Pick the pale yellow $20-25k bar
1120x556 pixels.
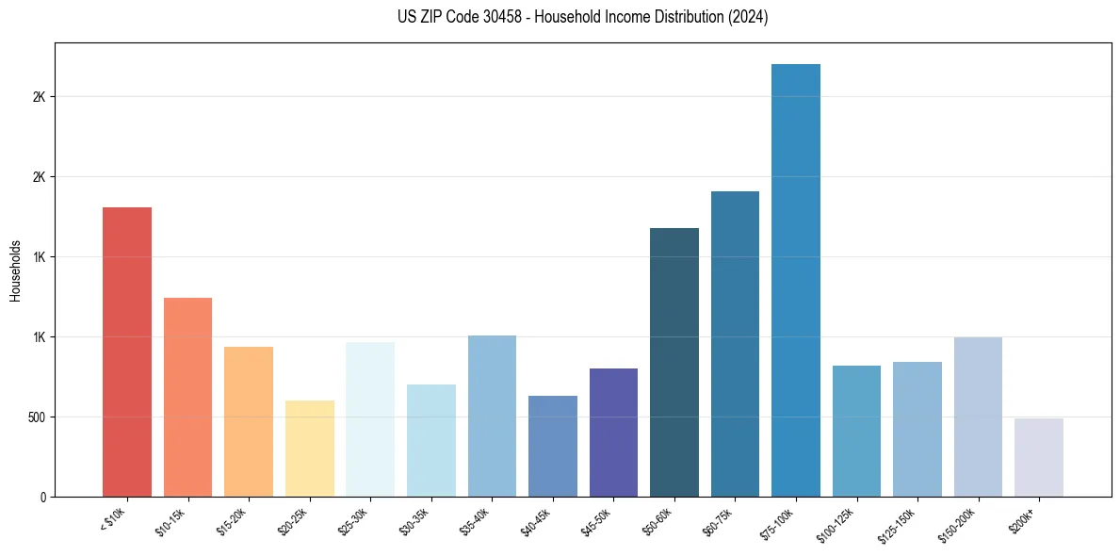point(310,449)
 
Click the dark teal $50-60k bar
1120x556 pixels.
point(674,362)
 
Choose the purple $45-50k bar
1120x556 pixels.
point(613,433)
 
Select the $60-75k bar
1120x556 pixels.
point(735,344)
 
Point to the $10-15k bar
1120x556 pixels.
point(187,397)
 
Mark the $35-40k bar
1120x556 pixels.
point(492,416)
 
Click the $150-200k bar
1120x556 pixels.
point(978,417)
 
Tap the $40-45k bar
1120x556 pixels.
point(553,446)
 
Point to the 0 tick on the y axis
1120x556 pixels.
point(43,497)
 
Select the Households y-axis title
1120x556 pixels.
point(16,270)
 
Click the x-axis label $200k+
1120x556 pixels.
point(1023,517)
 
